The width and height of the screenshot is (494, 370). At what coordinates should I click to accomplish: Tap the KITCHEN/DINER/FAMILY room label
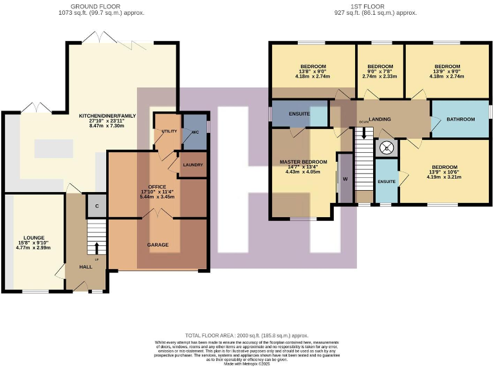107,116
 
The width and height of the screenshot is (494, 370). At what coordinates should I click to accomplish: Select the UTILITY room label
169,131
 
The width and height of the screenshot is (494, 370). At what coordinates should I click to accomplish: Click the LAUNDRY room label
193,165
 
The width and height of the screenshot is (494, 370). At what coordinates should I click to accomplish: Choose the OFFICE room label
158,186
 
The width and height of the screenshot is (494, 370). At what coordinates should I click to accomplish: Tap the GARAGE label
158,245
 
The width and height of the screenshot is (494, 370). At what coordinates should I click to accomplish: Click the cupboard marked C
96,206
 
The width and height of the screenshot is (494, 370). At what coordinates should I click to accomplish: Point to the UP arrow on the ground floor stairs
97,249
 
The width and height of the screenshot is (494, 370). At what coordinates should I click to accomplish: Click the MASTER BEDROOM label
303,162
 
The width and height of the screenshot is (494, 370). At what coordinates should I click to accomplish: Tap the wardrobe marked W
345,179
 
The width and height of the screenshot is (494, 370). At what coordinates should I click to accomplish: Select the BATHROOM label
461,119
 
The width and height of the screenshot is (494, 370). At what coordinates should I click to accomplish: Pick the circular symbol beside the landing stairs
387,147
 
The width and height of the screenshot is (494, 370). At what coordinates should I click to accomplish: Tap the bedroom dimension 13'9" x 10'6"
444,172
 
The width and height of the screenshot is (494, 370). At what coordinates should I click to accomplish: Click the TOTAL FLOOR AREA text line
246,336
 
